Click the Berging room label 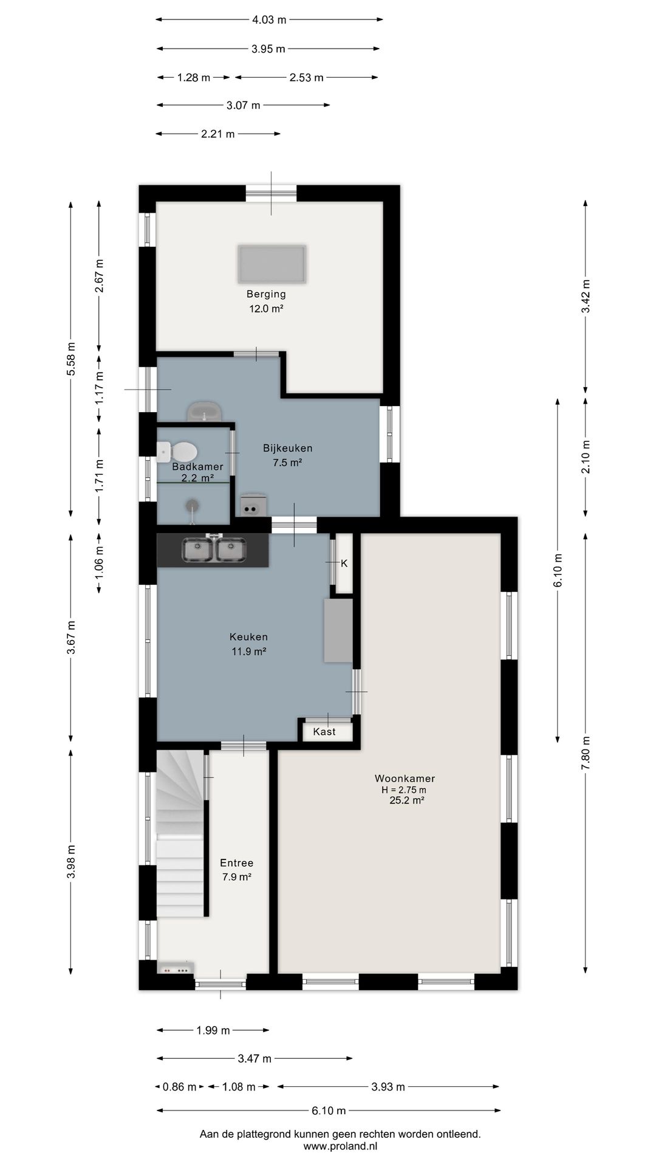point(266,294)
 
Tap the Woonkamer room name point(405,779)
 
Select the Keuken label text point(248,637)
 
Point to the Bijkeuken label point(288,449)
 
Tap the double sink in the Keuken point(214,549)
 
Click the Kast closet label point(324,732)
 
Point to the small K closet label point(344,563)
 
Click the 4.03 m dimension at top point(269,19)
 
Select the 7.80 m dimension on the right point(586,753)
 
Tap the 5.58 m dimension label point(71,359)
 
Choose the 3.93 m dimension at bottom point(388,1087)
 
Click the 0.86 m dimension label point(180,1087)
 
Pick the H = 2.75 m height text point(404,790)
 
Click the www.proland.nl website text point(340,1146)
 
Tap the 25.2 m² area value point(406,801)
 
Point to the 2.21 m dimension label point(218,134)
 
